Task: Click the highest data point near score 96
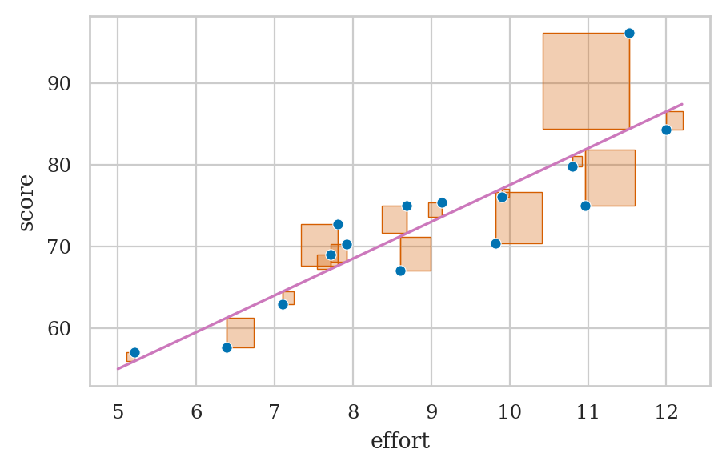tap(629, 33)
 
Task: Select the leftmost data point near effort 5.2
tap(134, 352)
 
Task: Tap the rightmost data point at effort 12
tap(666, 130)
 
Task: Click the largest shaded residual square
tap(586, 81)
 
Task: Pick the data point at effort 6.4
tap(227, 347)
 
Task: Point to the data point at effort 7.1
tap(283, 304)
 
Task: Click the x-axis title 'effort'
tap(399, 441)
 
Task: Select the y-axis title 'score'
tap(26, 202)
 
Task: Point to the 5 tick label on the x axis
tap(118, 411)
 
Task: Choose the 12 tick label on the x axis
tap(666, 411)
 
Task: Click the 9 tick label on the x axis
tap(431, 411)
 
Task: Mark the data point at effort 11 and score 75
tap(585, 206)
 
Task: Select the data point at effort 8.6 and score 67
tap(400, 271)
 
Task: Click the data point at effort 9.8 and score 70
tap(495, 243)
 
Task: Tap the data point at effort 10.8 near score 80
tap(572, 166)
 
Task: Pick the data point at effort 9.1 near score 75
tap(442, 202)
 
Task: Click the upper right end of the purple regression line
tap(681, 104)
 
